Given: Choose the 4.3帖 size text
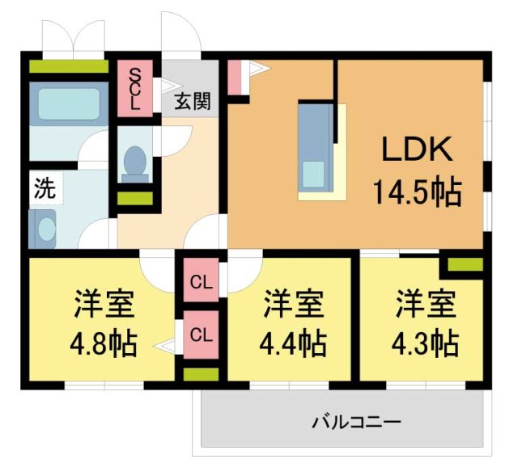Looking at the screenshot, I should [426, 344].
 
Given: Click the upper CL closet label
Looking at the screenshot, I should [200, 282].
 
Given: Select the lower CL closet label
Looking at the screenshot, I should [200, 333].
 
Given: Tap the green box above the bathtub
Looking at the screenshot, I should [68, 66].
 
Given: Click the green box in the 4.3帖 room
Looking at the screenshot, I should [465, 263].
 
